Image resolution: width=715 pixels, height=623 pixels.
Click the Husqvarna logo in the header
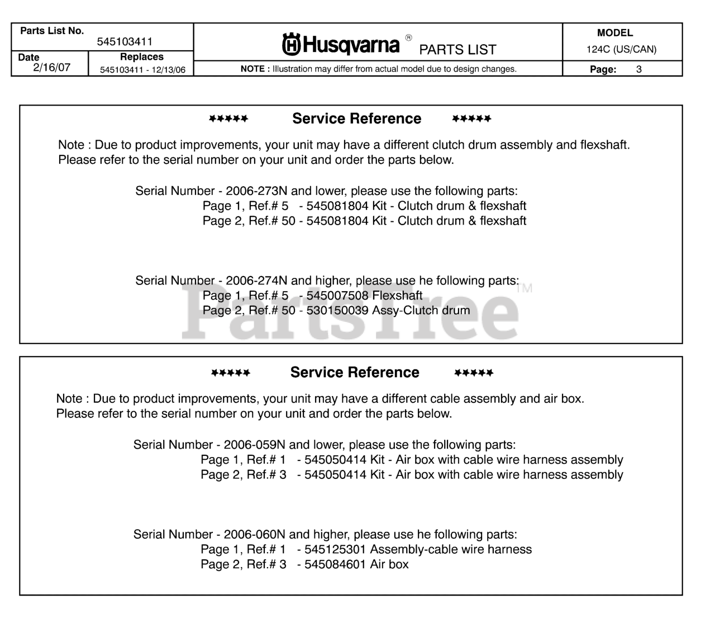click(x=341, y=44)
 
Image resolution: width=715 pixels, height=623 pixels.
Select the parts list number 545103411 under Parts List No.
click(x=125, y=42)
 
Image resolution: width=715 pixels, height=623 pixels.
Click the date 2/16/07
click(x=52, y=68)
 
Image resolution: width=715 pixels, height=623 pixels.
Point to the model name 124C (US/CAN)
click(x=621, y=49)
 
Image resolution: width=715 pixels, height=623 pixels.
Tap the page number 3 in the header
click(x=639, y=69)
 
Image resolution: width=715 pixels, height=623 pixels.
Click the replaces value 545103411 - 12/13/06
click(x=143, y=70)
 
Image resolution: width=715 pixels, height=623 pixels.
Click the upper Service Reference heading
click(x=356, y=118)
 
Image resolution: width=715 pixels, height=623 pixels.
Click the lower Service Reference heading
click(x=355, y=372)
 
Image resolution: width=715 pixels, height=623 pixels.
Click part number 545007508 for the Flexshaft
click(x=337, y=295)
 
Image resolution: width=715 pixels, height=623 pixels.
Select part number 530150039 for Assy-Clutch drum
click(x=337, y=310)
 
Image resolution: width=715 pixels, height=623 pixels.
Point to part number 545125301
click(x=335, y=549)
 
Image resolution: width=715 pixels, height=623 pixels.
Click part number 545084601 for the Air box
click(x=335, y=564)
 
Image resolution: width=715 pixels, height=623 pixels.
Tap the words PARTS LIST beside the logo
click(x=457, y=50)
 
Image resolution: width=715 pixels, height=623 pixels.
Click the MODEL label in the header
click(x=615, y=33)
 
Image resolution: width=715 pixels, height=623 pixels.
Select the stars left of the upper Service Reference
click(x=228, y=119)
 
